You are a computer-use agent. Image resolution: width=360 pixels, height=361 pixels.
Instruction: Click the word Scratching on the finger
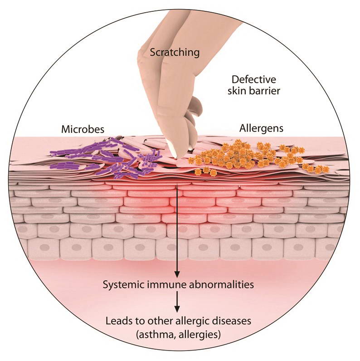coord(175,52)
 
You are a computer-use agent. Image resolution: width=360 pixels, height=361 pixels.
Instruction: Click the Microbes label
coord(83,129)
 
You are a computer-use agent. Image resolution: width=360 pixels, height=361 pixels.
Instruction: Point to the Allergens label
coord(261,128)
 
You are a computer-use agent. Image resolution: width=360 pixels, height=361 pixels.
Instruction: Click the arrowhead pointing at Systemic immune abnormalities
coord(177,274)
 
